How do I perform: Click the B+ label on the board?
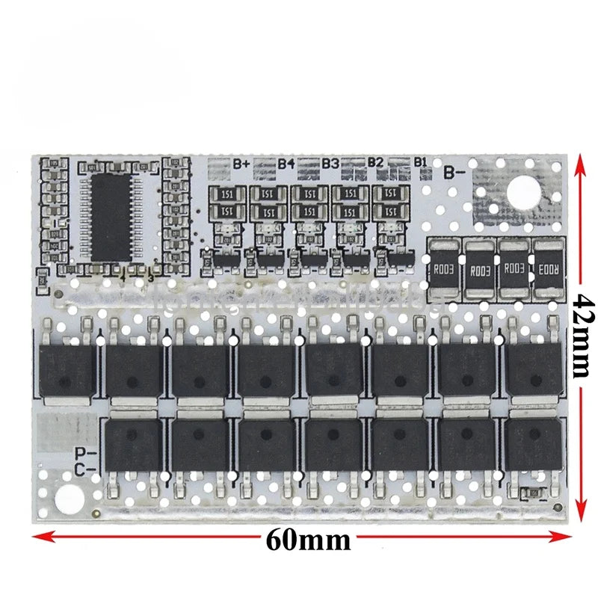241,163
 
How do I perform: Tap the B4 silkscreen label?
286,163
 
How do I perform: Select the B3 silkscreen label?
331,163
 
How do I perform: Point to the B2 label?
375,163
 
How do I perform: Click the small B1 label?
420,161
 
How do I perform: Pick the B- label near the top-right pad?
455,173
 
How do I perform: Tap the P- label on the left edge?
85,452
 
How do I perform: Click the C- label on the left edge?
85,469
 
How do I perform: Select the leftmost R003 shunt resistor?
444,269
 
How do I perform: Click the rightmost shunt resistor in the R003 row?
546,269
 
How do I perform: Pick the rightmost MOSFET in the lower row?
533,445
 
